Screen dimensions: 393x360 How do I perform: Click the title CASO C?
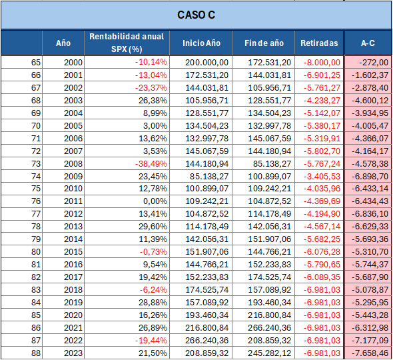click(196, 15)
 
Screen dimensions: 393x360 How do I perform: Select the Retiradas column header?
click(319, 43)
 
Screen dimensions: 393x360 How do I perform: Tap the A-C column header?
click(368, 43)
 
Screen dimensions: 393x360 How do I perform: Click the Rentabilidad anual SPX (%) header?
click(127, 43)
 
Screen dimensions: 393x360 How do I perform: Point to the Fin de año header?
click(264, 43)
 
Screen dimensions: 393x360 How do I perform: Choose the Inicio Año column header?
click(201, 43)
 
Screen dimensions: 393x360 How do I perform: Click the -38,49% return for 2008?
click(151, 164)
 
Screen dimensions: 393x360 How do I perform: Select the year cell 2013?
click(73, 227)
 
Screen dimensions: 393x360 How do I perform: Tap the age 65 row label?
click(36, 63)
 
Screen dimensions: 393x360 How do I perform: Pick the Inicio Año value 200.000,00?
click(206, 63)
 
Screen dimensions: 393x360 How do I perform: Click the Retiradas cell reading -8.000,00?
click(322, 63)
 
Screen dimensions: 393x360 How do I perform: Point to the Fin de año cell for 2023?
click(269, 353)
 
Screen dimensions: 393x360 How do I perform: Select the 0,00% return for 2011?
click(155, 201)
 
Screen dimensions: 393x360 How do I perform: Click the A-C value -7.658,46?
click(370, 353)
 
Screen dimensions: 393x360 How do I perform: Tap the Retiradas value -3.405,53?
click(322, 177)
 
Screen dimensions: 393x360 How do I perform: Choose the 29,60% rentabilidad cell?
click(153, 227)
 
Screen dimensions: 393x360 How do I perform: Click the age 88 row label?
click(36, 353)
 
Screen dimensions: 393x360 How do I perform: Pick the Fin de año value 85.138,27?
click(272, 164)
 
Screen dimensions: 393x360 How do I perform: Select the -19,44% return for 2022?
click(151, 341)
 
